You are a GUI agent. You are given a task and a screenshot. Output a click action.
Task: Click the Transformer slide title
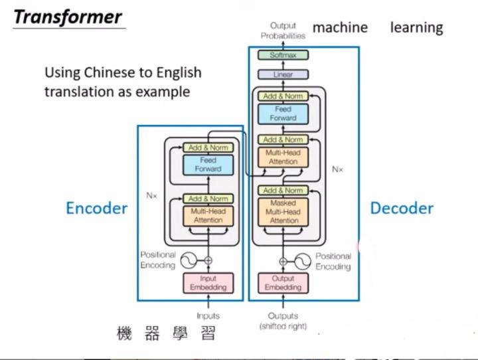point(68,17)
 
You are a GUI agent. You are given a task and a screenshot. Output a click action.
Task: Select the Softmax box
point(283,56)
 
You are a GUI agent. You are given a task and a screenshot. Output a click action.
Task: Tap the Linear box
point(283,74)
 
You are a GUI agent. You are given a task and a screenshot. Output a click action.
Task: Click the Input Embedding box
point(208,283)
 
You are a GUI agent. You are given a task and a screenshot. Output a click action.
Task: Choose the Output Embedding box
point(283,283)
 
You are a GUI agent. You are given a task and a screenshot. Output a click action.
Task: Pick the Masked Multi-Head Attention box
point(283,211)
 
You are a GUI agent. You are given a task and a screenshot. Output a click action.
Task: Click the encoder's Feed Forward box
point(208,165)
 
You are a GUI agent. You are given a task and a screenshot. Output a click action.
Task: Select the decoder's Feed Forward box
point(283,114)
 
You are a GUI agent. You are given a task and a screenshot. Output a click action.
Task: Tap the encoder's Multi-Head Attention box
point(208,215)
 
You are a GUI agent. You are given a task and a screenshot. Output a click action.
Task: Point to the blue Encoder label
point(96,208)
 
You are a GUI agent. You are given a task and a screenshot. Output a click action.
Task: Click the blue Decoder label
point(402,208)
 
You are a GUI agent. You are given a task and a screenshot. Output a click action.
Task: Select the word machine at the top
point(340,27)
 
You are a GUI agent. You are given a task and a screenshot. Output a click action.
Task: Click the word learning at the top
point(416,27)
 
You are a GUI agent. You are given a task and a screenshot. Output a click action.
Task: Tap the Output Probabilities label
point(283,31)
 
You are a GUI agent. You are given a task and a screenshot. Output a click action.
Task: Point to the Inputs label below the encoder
point(208,316)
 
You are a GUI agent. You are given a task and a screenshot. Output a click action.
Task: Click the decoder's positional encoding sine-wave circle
point(302,260)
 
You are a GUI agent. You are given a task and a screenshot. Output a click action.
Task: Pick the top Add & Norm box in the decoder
point(283,96)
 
